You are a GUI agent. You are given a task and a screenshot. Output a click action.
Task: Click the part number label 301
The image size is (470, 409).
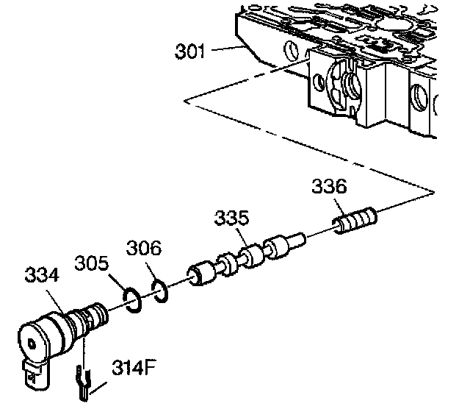(191, 52)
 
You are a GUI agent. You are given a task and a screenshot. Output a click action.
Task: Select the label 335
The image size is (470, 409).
(231, 218)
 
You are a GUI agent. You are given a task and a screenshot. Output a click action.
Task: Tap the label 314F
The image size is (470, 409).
(133, 366)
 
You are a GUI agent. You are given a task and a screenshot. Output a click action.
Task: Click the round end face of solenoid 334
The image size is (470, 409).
(33, 343)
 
